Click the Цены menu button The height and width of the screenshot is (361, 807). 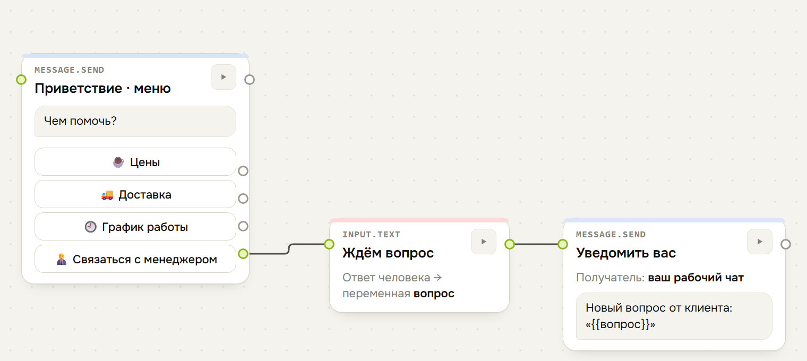135,162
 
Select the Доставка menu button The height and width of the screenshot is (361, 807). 135,194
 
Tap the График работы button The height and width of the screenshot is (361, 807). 135,227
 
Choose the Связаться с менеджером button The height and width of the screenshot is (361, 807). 135,259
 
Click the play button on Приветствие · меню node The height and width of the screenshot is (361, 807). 224,77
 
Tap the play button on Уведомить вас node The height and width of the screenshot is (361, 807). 759,242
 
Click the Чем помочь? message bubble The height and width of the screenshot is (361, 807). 135,121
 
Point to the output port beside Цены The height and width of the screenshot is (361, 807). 243,171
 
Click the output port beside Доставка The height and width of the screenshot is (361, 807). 243,199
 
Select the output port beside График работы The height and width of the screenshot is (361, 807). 243,226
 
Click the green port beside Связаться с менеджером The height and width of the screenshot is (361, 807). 243,254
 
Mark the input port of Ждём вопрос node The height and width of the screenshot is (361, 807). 329,244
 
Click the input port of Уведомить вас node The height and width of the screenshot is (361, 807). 562,244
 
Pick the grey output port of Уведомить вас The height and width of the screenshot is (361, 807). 785,244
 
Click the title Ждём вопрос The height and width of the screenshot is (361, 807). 388,253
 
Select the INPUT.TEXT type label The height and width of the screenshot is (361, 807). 371,235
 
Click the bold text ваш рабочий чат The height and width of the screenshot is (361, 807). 696,278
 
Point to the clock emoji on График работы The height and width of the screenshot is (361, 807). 90,227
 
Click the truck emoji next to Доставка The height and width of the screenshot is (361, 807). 107,195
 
